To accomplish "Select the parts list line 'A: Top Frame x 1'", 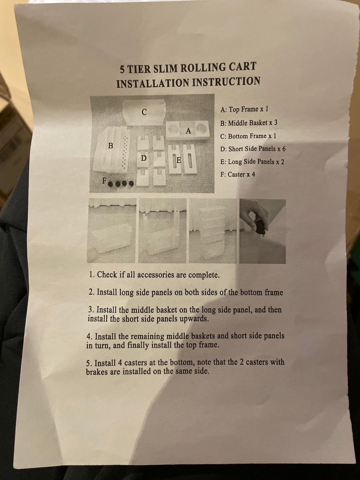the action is click(244, 109).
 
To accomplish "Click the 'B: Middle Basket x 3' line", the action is click(249, 123).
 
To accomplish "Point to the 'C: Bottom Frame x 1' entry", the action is click(248, 136).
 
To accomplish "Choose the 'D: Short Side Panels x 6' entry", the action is click(253, 149).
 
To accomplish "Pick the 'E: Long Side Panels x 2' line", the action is click(252, 162).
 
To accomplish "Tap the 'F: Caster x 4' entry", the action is click(238, 174).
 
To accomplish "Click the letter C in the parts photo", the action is click(144, 112).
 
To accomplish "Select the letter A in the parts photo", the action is click(188, 131).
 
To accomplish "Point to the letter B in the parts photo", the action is click(111, 146).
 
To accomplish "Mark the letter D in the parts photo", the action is click(143, 158).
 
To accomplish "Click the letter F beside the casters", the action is click(104, 181).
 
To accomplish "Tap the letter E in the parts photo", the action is click(179, 160).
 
